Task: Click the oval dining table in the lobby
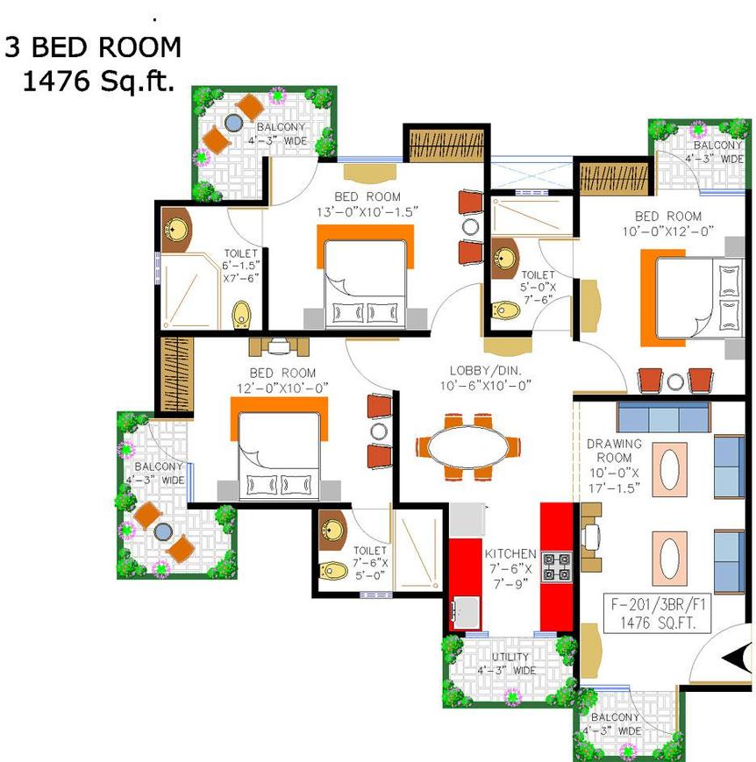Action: coord(467,446)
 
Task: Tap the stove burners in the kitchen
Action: coord(557,567)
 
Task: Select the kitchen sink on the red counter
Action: coord(466,612)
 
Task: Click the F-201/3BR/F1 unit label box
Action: coord(657,613)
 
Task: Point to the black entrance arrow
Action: coord(736,659)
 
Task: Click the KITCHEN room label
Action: coord(510,554)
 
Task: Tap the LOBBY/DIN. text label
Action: coord(485,371)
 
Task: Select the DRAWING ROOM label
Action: coord(614,451)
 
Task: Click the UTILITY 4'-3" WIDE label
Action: coord(508,664)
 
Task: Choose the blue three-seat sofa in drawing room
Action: coord(664,417)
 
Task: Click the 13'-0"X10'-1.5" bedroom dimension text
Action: coord(367,212)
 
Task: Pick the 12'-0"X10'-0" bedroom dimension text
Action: coord(282,388)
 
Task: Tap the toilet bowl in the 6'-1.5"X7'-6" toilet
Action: coord(242,315)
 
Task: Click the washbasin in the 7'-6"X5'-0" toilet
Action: coord(332,530)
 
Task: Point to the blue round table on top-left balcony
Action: coord(234,123)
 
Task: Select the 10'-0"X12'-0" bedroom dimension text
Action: coord(668,231)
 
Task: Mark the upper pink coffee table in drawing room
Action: coord(669,469)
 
